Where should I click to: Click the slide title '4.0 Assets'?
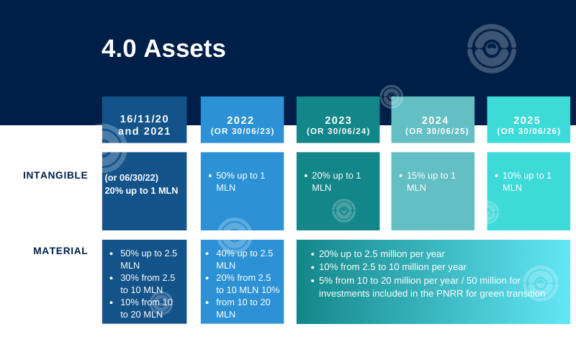pos(163,48)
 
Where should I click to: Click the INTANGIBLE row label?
pos(55,175)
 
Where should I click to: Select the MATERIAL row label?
pos(60,251)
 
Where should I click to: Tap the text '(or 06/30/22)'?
pos(132,178)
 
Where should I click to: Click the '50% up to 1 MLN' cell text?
pos(240,181)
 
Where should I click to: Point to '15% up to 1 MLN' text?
pos(431,181)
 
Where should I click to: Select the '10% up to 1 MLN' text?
pos(527,181)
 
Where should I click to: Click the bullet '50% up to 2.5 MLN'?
pos(149,259)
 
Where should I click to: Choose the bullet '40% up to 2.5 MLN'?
pos(245,259)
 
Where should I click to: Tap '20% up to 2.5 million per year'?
pos(382,254)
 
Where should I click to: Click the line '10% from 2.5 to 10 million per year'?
pos(392,267)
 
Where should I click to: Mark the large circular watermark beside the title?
pos(492,48)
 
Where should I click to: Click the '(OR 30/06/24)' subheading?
pos(338,131)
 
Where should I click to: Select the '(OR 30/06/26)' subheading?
pos(528,131)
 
